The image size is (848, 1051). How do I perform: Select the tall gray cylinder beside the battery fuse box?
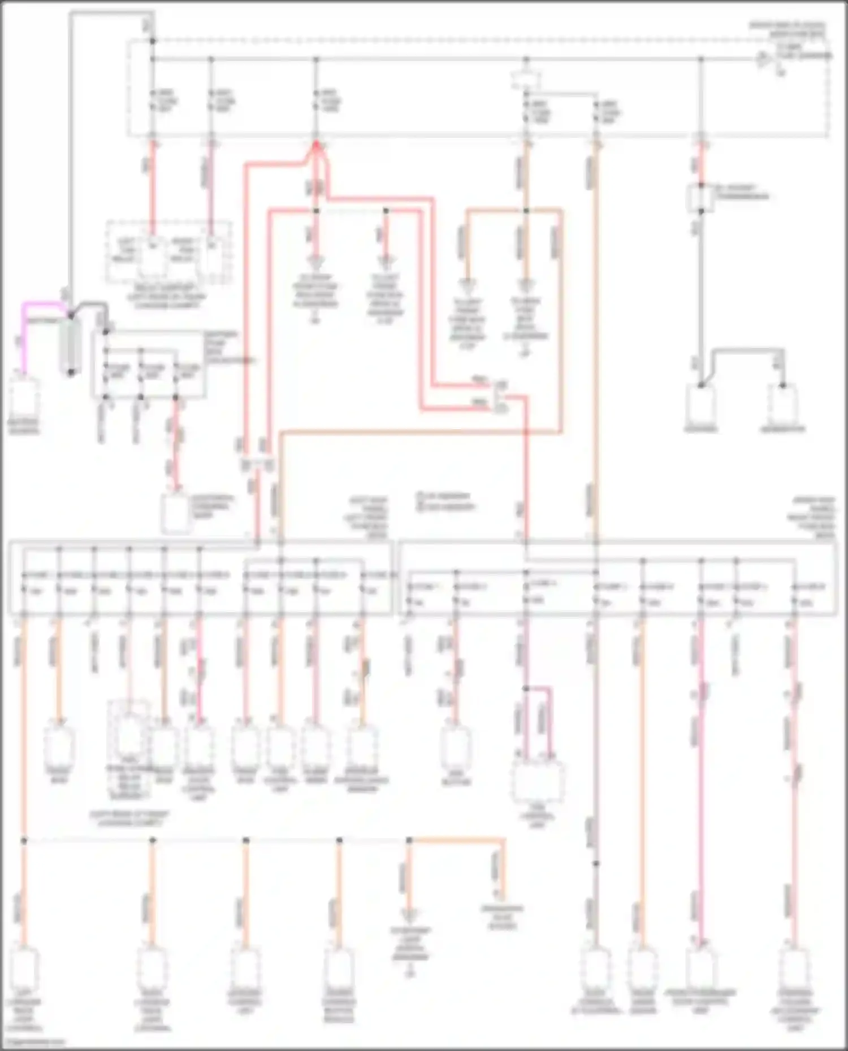click(x=71, y=344)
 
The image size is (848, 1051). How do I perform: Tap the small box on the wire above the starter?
click(x=700, y=197)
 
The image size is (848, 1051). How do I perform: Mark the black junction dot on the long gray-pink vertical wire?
click(x=596, y=864)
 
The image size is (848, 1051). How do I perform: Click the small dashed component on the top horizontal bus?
click(x=525, y=79)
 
